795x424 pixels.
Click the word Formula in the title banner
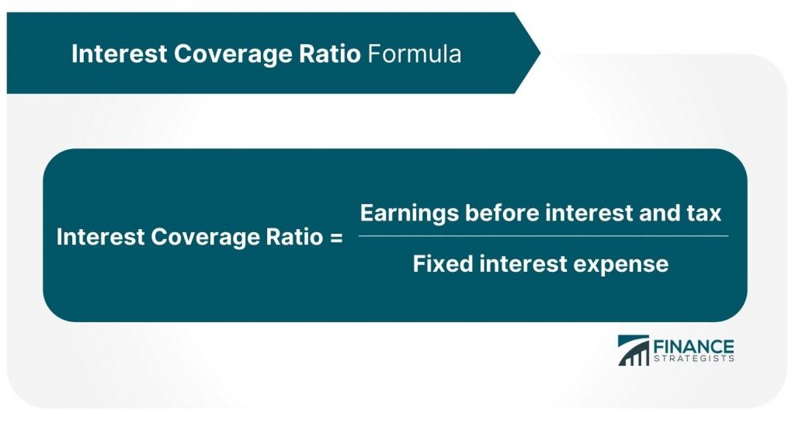(x=415, y=54)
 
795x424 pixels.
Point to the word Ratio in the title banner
(x=329, y=54)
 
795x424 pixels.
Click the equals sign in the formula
(x=335, y=238)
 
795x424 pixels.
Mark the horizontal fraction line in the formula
(x=543, y=236)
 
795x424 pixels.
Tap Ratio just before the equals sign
(x=291, y=238)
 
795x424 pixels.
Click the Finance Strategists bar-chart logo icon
(x=634, y=350)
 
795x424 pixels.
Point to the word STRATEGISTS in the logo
(x=694, y=359)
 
